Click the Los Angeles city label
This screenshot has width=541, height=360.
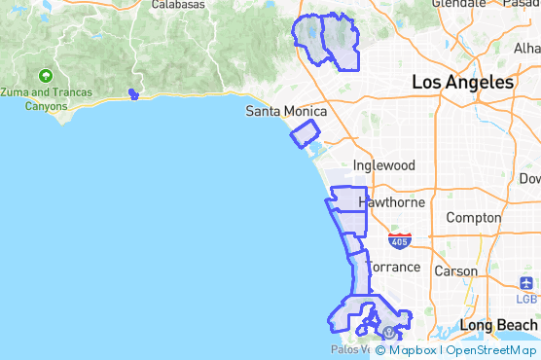463,83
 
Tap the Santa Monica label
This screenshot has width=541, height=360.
285,111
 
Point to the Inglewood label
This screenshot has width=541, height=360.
383,165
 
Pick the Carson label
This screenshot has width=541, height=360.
455,271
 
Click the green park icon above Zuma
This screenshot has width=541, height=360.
46,76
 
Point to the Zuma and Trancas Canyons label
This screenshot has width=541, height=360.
46,98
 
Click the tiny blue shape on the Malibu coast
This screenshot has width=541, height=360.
133,94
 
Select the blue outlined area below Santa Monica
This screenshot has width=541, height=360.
305,133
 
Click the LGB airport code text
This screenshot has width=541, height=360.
527,298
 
